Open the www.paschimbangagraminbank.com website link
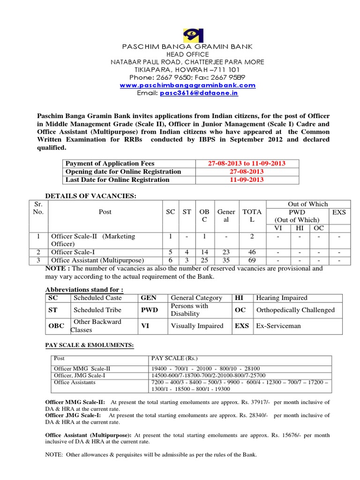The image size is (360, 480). [187, 85]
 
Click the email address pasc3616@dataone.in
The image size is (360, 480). [199, 93]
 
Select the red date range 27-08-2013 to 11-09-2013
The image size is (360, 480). [247, 164]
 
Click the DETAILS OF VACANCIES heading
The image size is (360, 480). [90, 195]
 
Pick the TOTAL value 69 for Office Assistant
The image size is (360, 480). [252, 260]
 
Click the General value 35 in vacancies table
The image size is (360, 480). [226, 260]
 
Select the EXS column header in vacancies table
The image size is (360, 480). [338, 212]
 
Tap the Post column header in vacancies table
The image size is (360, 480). [105, 212]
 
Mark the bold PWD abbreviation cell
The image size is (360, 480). [150, 310]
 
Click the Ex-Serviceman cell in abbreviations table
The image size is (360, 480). [278, 326]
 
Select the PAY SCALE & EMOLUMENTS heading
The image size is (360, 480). [89, 345]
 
